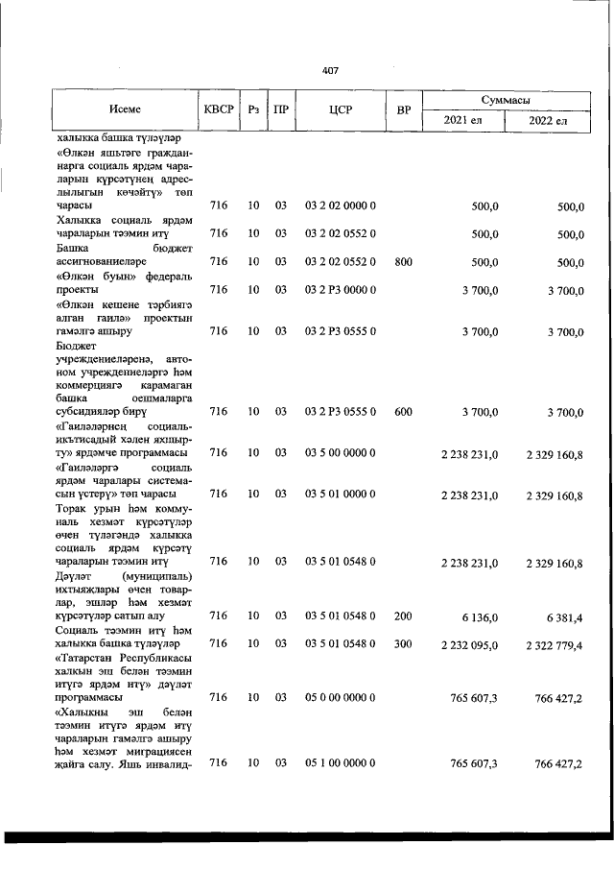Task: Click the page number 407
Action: tap(331, 70)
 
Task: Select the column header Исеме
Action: tap(125, 109)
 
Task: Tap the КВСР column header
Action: tap(219, 109)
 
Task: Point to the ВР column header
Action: tap(404, 109)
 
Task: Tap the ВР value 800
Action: tap(403, 260)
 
